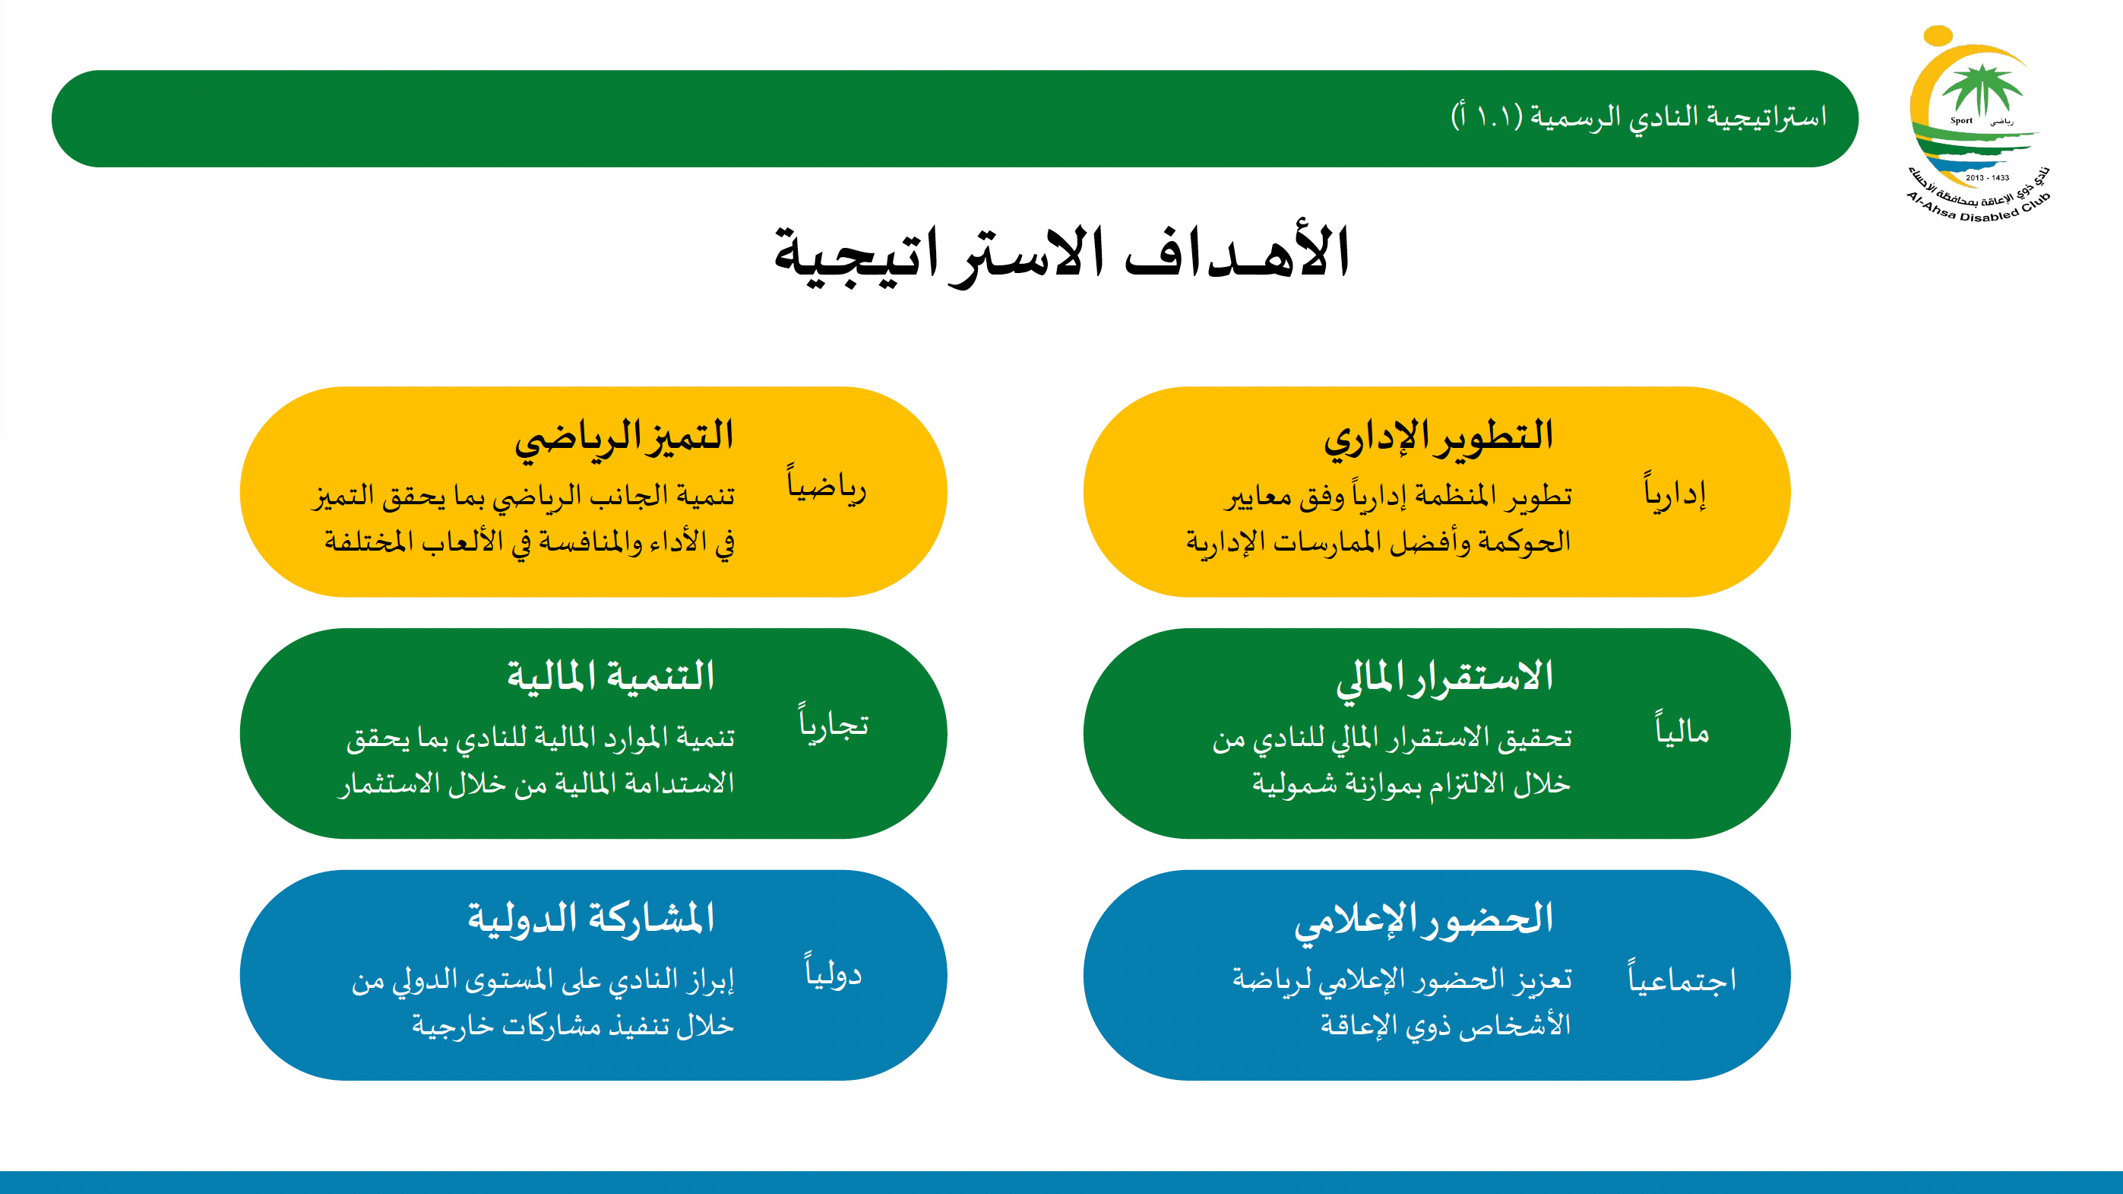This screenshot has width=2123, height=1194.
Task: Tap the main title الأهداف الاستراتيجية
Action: coord(1061,253)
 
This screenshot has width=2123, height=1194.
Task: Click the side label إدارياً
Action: coord(1675,492)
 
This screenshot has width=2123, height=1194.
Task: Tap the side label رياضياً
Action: coord(827,485)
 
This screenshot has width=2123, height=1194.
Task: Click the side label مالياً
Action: coord(1682,729)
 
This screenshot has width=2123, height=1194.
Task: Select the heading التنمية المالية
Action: coord(611,676)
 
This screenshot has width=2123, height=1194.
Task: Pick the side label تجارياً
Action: coord(834,723)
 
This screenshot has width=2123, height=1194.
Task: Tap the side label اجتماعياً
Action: coord(1682,978)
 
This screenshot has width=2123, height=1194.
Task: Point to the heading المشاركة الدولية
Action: coord(591,918)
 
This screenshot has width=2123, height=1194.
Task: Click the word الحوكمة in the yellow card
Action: coord(1526,541)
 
